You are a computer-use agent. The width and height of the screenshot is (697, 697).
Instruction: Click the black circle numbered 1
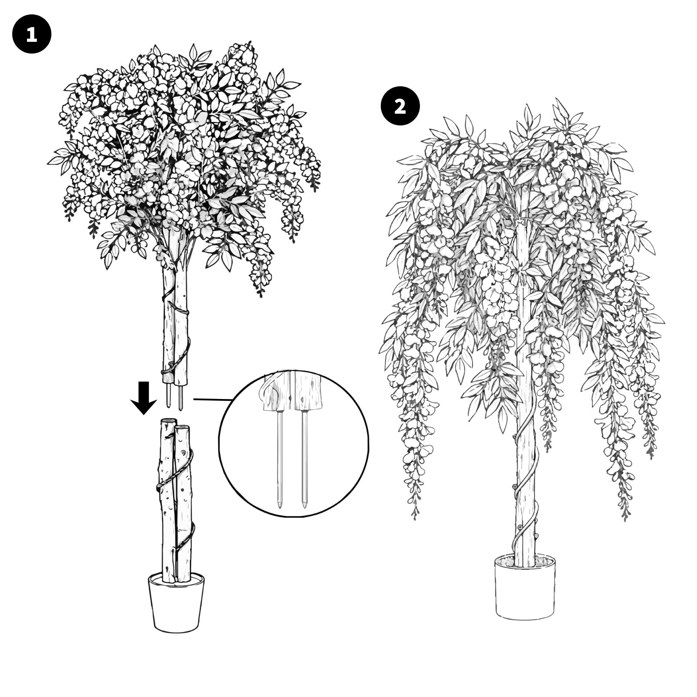pos(32,34)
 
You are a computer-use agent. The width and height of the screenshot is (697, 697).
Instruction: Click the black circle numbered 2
pos(400,107)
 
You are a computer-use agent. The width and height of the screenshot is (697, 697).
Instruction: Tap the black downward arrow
pos(144,397)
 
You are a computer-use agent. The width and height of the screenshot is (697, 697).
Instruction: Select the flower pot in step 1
pos(176,602)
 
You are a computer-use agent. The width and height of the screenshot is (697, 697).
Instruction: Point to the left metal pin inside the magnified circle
pos(279,459)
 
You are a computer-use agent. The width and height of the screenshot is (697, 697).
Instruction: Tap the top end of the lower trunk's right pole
pos(183,427)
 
